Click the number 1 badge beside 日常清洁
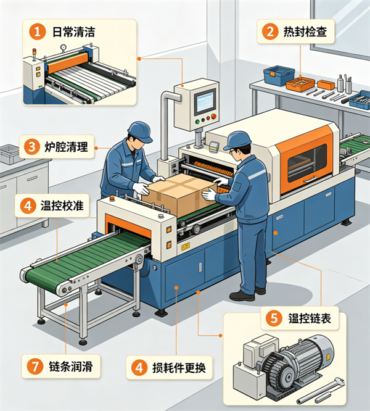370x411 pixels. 37,31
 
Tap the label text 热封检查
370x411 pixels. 305,31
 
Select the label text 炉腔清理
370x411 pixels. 66,146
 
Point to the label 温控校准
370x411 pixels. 62,205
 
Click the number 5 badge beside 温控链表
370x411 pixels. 274,318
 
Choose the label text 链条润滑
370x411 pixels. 71,366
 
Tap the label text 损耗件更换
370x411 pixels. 179,368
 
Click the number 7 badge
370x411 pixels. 35,366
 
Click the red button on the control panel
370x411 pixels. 213,117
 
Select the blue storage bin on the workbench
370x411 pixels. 279,75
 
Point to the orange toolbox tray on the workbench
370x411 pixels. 300,85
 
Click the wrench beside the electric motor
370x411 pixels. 321,390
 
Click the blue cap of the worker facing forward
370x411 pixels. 140,131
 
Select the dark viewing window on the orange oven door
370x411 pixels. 307,163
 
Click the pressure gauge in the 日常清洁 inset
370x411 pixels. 63,47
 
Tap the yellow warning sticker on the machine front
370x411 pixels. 186,246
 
